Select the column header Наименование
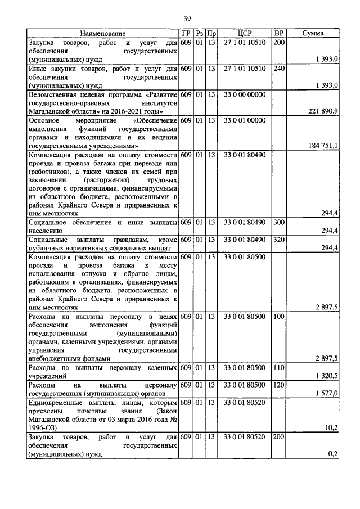(x=102, y=34)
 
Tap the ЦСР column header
(x=244, y=34)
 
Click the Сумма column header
(x=313, y=34)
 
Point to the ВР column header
(x=278, y=34)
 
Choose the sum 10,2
(x=331, y=427)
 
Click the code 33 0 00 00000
(x=244, y=94)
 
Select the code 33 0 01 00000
(x=244, y=120)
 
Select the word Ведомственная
(x=53, y=94)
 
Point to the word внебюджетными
(x=55, y=358)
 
